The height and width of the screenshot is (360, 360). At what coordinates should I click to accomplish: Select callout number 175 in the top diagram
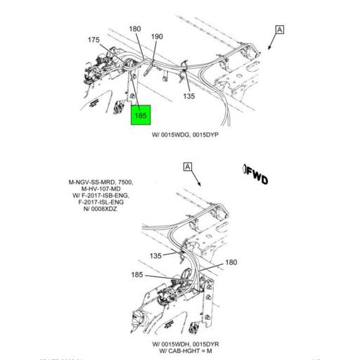tap(94, 41)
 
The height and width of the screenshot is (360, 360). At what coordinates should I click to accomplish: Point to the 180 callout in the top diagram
tap(134, 29)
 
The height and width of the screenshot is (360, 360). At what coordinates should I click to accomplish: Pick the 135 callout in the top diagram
tap(188, 96)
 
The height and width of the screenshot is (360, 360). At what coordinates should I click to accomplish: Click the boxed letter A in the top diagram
tap(280, 30)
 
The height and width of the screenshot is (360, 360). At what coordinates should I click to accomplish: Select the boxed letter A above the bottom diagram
tap(187, 167)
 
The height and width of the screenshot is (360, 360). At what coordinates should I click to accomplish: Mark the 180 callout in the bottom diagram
tap(230, 263)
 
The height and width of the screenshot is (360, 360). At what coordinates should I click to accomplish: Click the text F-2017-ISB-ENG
tap(101, 195)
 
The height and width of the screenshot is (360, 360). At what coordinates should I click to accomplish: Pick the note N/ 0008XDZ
tap(101, 210)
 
